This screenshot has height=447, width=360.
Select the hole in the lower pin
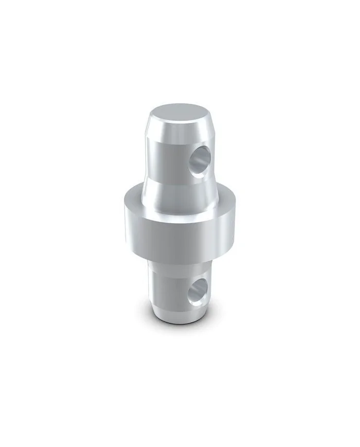197,292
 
